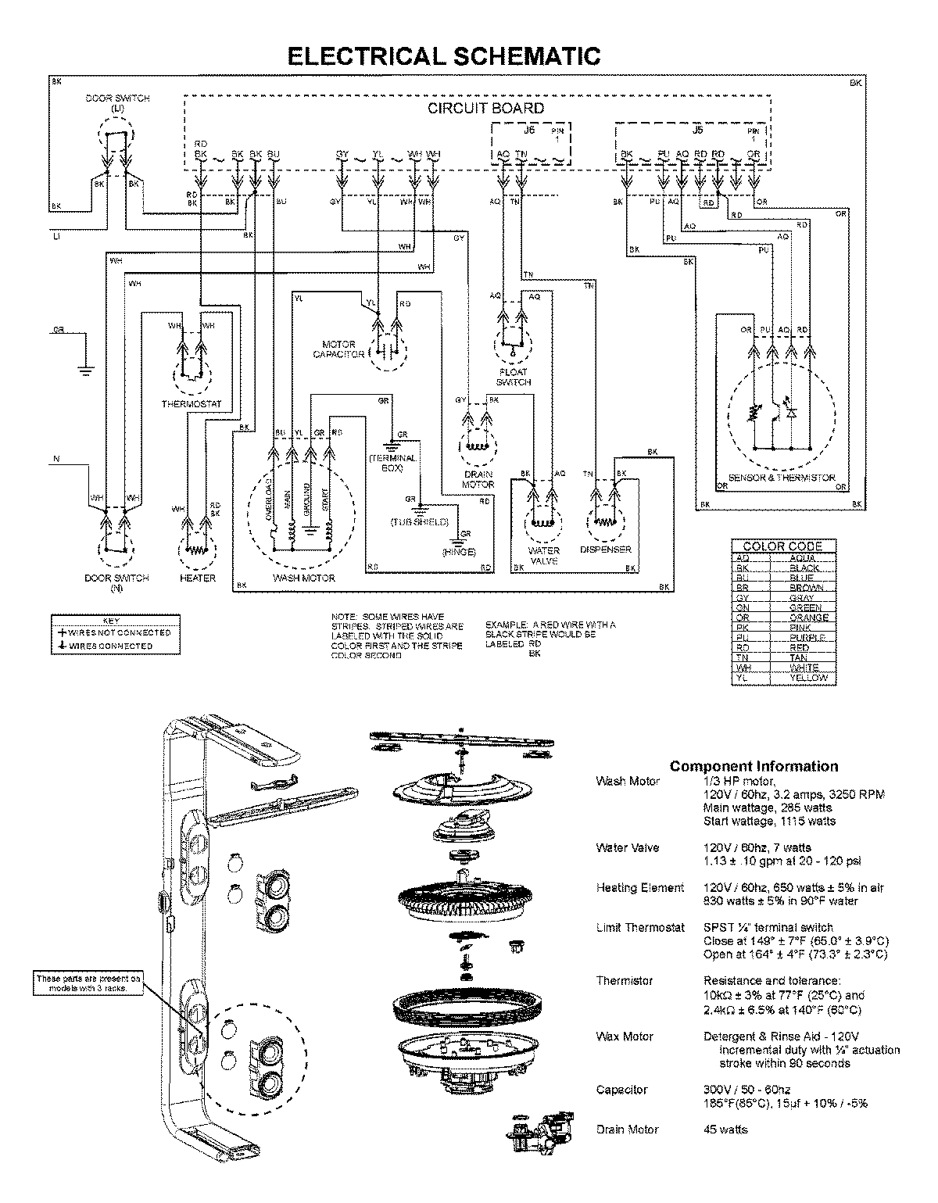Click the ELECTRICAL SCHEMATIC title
(444, 55)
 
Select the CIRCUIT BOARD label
(485, 108)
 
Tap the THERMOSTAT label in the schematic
(192, 404)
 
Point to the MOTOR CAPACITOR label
(338, 349)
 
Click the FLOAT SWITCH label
(513, 377)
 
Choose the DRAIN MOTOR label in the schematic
(478, 479)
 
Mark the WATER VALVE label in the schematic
(543, 556)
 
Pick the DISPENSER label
(605, 550)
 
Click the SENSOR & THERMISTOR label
(781, 478)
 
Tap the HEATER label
(197, 578)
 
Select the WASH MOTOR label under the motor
(303, 578)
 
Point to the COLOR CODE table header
(782, 546)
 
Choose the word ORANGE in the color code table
(808, 618)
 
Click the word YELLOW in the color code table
(807, 678)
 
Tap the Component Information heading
(754, 766)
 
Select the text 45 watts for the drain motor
(725, 1129)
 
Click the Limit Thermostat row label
(640, 927)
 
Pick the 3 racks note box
(89, 983)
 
